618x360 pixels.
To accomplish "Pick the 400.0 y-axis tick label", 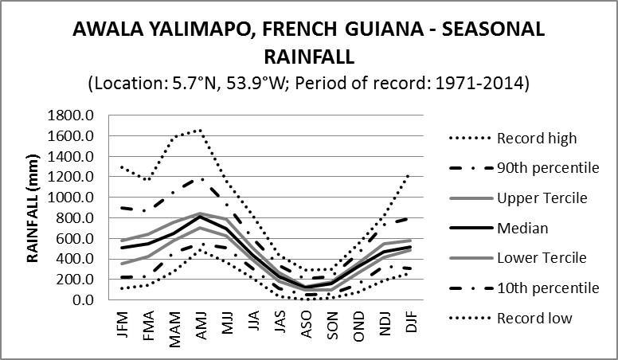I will coord(75,259).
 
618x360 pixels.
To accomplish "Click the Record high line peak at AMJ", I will coord(200,130).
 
